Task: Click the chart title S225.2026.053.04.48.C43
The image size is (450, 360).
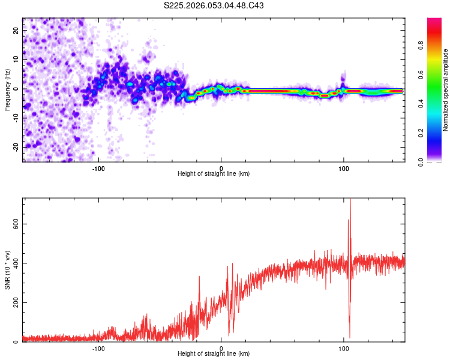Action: coord(214,6)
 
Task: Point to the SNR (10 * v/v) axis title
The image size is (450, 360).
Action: coord(7,269)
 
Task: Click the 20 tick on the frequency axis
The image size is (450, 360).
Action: coord(16,31)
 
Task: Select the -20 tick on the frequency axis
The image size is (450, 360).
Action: coord(16,147)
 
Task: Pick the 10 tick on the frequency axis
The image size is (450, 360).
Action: coord(16,59)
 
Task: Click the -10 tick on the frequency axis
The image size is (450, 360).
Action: coord(16,118)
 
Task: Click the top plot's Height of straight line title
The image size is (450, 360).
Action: coord(214,174)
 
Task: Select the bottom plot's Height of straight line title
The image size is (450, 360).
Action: coord(214,354)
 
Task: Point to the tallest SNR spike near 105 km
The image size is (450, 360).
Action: coord(350,201)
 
